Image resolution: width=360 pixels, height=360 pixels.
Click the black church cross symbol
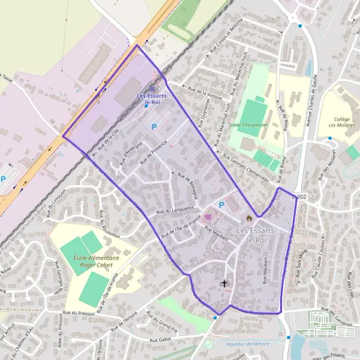pyautogui.click(x=225, y=283)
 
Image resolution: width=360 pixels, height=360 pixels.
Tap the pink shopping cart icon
pyautogui.click(x=209, y=217)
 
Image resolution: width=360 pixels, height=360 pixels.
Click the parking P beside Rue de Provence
pyautogui.click(x=154, y=127)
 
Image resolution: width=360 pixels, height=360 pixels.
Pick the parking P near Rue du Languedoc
pyautogui.click(x=221, y=205)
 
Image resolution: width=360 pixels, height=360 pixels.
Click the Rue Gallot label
pyautogui.click(x=161, y=340)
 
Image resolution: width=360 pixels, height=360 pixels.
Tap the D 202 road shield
pyautogui.click(x=298, y=197)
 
